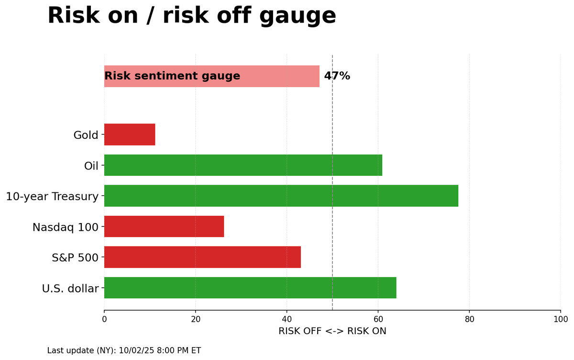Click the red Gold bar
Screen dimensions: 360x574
point(130,135)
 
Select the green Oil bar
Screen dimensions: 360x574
point(243,165)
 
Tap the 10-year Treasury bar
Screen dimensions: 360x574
point(281,196)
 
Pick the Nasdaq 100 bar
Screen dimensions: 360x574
point(164,226)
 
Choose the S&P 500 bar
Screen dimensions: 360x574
point(202,257)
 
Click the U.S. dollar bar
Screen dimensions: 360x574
point(250,288)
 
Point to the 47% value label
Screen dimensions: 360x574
point(337,76)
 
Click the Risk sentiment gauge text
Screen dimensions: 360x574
point(172,76)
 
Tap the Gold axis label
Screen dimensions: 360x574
point(86,135)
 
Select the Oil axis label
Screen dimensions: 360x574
point(91,166)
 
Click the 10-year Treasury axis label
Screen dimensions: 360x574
point(52,196)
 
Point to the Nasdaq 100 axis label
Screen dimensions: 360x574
point(65,227)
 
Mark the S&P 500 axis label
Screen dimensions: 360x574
point(75,258)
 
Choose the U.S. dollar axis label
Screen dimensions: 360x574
point(70,289)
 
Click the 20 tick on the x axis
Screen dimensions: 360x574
point(195,319)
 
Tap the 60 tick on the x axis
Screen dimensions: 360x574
point(378,319)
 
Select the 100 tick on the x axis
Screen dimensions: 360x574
point(560,319)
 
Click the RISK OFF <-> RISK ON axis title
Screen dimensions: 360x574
point(332,331)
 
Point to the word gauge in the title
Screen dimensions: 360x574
point(298,16)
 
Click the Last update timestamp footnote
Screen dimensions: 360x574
point(124,350)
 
